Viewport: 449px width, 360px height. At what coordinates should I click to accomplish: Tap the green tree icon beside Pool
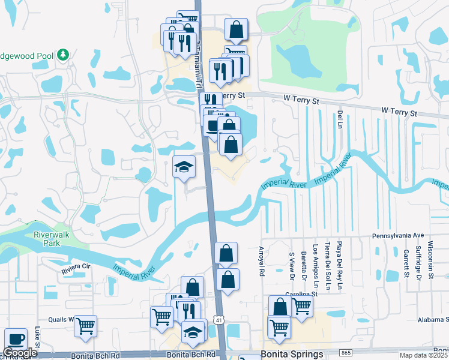64,55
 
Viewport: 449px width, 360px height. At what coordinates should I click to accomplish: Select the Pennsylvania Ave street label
398,236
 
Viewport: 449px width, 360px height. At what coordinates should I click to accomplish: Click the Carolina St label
302,295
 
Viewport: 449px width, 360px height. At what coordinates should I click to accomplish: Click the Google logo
20,353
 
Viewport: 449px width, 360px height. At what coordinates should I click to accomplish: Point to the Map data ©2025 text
423,355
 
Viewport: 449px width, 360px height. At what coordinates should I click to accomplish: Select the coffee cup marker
15,339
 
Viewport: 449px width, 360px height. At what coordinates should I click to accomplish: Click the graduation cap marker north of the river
184,167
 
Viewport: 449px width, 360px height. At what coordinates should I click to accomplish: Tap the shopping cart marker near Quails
85,326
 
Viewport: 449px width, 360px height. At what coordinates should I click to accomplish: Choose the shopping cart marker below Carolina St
279,328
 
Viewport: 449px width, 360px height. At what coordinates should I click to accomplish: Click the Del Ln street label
340,118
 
